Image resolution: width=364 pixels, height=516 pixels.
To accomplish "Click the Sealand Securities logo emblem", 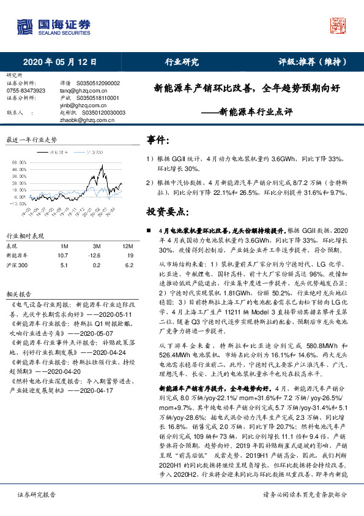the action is (x=24, y=27).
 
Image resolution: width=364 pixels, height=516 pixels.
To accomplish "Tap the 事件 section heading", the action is (x=158, y=140).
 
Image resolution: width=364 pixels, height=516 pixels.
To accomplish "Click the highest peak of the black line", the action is (x=102, y=165).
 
